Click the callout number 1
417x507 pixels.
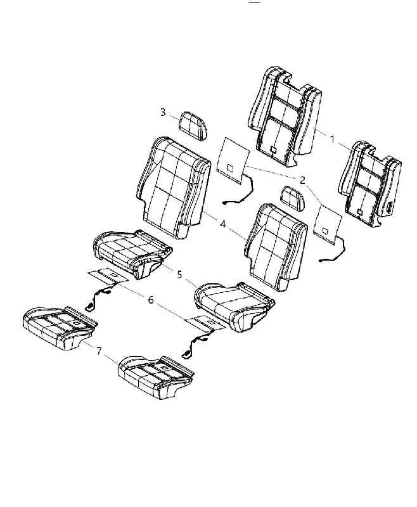click(332, 139)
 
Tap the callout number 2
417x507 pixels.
click(302, 180)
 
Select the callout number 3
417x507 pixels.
click(163, 112)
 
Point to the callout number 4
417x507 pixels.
click(222, 224)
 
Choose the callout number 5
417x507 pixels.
click(179, 274)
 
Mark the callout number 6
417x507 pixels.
click(151, 300)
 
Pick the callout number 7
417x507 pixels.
click(99, 350)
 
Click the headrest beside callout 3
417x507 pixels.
click(193, 125)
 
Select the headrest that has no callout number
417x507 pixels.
click(293, 198)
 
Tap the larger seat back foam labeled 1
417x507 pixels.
click(285, 117)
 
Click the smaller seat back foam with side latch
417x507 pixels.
click(369, 183)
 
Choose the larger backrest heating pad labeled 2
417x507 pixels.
click(233, 160)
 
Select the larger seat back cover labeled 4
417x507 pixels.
click(173, 188)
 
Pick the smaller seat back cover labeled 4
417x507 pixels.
click(276, 247)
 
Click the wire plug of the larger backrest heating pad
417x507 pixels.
click(225, 203)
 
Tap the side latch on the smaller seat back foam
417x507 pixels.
click(390, 207)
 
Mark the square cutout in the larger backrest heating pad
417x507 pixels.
click(231, 168)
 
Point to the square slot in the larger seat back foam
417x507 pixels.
click(274, 150)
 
